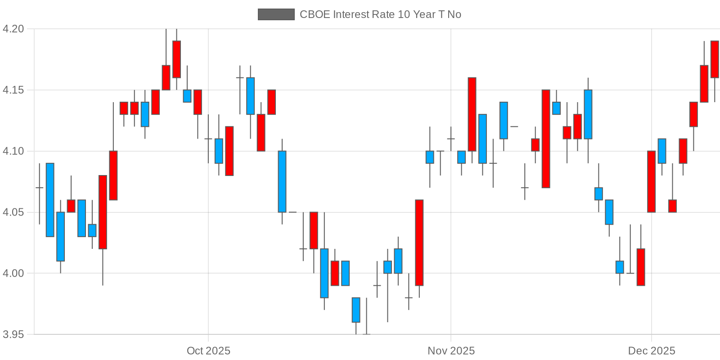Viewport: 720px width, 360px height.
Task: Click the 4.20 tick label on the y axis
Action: (x=13, y=29)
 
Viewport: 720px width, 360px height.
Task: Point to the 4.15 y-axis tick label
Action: (x=13, y=90)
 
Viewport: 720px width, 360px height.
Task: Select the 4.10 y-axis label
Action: (x=13, y=151)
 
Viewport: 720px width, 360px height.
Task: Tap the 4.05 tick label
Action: (x=13, y=212)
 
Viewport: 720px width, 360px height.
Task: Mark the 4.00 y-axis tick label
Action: (x=13, y=273)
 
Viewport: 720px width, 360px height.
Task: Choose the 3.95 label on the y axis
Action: (x=13, y=334)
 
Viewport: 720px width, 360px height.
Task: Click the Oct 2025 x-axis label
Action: (x=208, y=351)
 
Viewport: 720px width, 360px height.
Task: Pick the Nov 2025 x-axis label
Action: (x=451, y=351)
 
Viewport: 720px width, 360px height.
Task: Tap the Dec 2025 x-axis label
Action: (x=652, y=351)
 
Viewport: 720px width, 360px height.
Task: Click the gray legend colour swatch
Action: (x=276, y=14)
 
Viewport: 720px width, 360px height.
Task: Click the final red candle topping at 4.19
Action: (x=715, y=59)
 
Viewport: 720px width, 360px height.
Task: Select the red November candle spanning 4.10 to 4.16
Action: (x=472, y=114)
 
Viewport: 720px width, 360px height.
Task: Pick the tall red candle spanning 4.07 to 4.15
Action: (x=546, y=139)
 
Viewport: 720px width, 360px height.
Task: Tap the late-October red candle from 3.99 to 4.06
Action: (x=419, y=243)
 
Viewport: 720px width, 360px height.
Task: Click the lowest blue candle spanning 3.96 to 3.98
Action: (x=356, y=310)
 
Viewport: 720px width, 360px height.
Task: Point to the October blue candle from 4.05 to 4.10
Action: (x=282, y=181)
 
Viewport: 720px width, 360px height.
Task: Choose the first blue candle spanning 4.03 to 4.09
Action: (x=50, y=200)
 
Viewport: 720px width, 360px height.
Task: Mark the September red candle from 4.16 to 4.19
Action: (x=176, y=59)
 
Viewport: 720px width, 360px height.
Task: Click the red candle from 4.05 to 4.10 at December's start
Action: (x=651, y=181)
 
